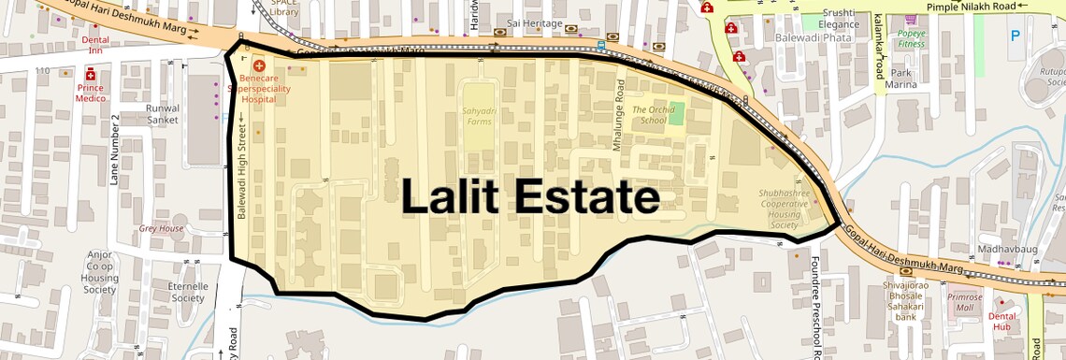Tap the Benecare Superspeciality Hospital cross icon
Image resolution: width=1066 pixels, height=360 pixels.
pos(258,66)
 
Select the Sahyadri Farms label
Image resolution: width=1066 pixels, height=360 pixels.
pos(478,116)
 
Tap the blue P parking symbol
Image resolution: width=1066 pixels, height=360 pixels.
pos(1016,37)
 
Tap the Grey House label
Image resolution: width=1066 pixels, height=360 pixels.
pos(161,228)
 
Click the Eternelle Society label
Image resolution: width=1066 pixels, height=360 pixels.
pos(187,292)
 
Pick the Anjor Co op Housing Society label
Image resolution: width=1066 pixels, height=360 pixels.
pos(99,271)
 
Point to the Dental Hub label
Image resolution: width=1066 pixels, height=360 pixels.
pos(1002,321)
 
